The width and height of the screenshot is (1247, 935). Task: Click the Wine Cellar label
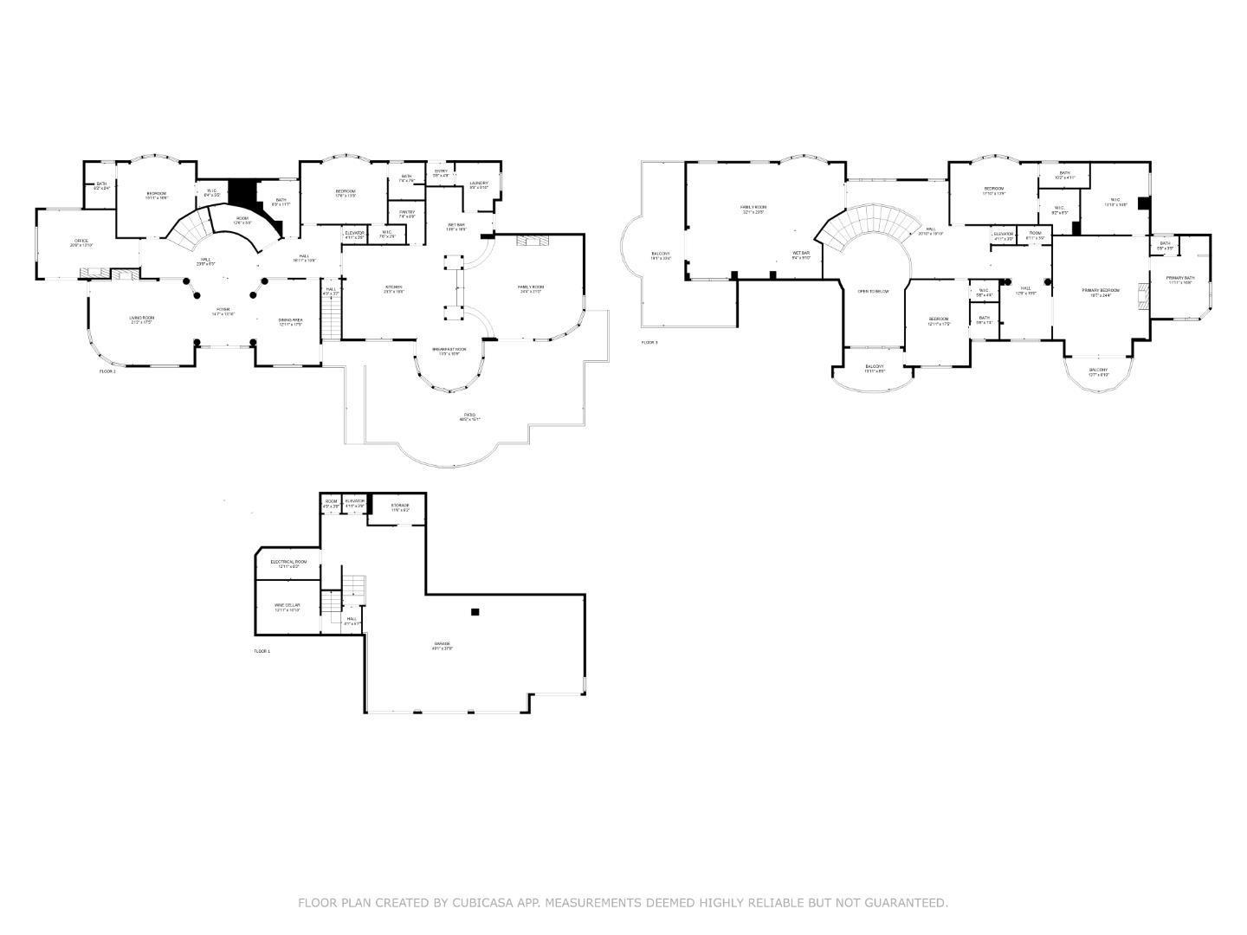[x=287, y=606]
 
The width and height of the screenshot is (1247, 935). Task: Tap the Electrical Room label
[x=288, y=563]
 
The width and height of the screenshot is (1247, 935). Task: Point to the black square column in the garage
[x=475, y=612]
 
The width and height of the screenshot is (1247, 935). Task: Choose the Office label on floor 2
[x=81, y=242]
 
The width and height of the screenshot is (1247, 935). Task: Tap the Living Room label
[x=141, y=319]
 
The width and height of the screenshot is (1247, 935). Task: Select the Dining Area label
[x=290, y=321]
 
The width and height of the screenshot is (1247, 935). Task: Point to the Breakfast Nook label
[x=449, y=351]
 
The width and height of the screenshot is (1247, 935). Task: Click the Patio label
[x=469, y=416]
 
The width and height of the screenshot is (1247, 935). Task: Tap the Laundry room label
[x=479, y=184]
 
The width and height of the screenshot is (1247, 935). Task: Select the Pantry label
[x=407, y=213]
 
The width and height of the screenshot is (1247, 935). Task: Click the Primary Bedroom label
[x=1101, y=292]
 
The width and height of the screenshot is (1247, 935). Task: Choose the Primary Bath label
[x=1179, y=279]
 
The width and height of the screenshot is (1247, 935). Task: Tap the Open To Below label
[x=873, y=291]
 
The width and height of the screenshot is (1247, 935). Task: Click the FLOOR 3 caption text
[x=649, y=343]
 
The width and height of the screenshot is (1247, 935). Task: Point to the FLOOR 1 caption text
[x=262, y=651]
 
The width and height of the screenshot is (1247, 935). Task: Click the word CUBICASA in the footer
[x=480, y=903]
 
